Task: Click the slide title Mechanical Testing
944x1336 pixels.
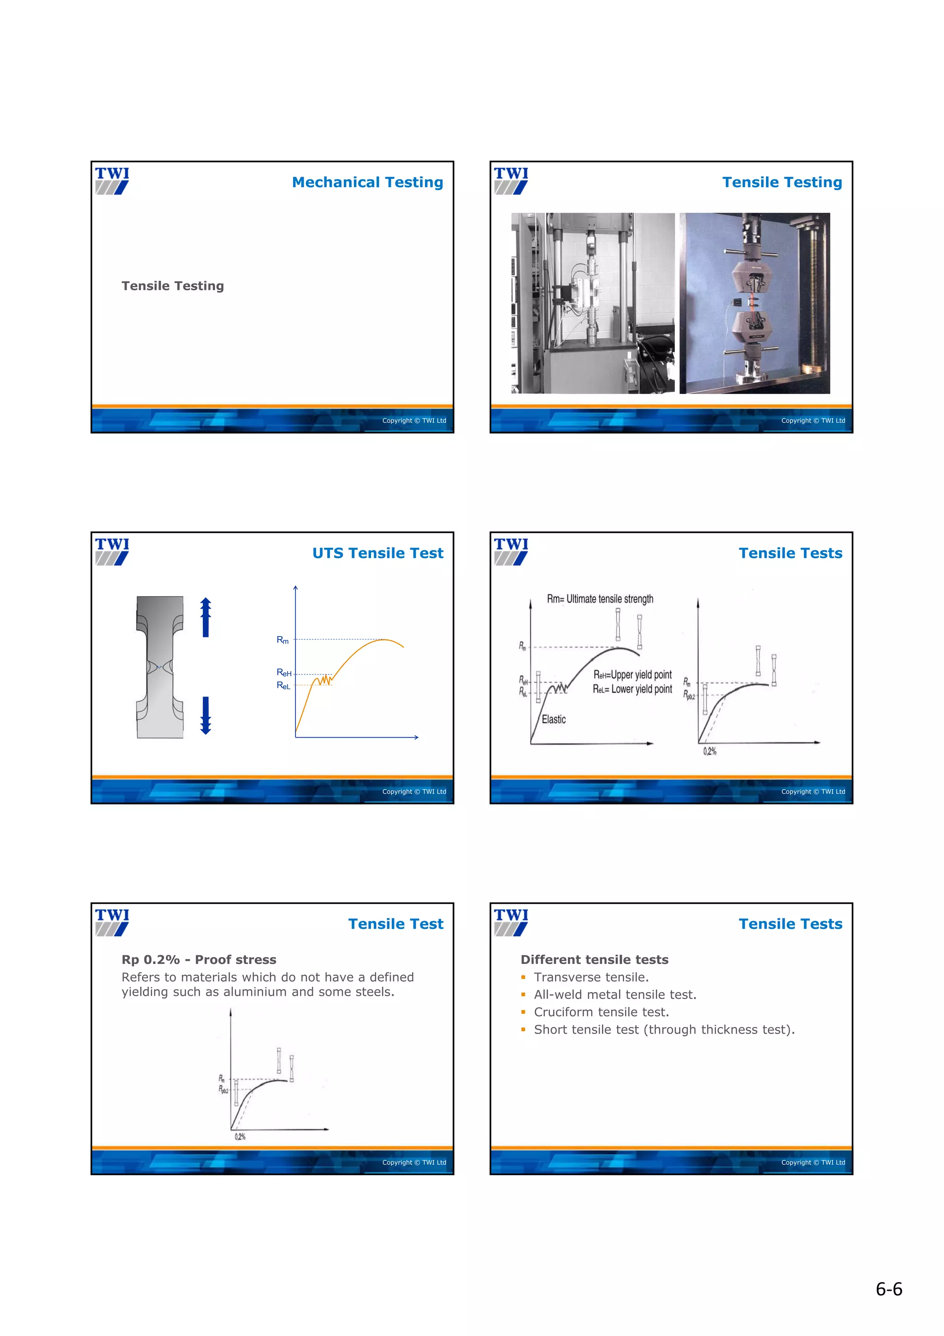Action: click(x=367, y=182)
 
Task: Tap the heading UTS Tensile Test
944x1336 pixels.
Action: click(x=378, y=553)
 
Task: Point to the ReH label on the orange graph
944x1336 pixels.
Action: click(x=284, y=673)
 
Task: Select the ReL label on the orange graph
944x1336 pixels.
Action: click(x=283, y=686)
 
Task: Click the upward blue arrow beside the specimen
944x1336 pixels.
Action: click(x=205, y=618)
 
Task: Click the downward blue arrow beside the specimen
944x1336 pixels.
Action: click(x=205, y=715)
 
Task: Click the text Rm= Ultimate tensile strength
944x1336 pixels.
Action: click(x=600, y=599)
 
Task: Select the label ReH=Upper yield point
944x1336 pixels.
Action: click(x=632, y=674)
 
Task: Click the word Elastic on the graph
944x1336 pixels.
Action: click(x=553, y=719)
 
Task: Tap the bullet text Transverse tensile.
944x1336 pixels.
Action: click(x=591, y=977)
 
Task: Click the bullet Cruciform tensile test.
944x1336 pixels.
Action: click(x=601, y=1012)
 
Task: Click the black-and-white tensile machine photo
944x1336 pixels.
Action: click(x=592, y=303)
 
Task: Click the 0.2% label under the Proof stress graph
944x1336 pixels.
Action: click(x=240, y=1136)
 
